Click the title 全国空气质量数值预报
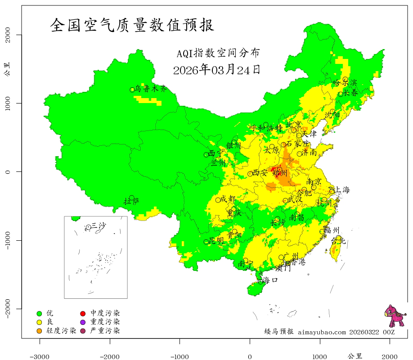[x=132, y=25]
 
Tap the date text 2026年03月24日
[x=216, y=70]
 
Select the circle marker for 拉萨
[x=131, y=198]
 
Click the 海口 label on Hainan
[x=270, y=280]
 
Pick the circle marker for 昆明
[x=206, y=242]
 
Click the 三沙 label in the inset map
[x=99, y=226]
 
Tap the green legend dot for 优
[x=39, y=313]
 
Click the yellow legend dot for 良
[x=39, y=322]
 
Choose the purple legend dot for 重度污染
[x=83, y=322]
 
